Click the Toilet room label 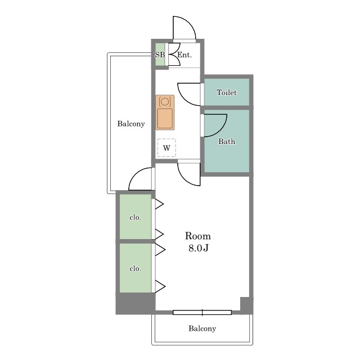226,92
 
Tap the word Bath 227,141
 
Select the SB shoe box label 160,55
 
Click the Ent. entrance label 184,55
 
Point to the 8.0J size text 199,248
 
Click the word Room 197,236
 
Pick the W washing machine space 166,148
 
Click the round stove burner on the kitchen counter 165,101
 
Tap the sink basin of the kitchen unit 165,119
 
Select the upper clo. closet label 135,217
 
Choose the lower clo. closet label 135,268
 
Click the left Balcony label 131,124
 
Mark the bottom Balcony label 202,328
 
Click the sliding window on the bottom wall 202,312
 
